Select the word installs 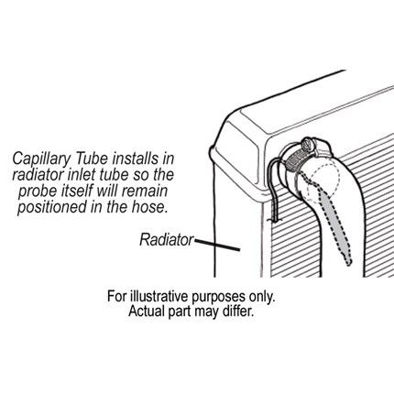click(x=136, y=159)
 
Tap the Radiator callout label click(x=167, y=240)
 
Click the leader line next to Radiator click(x=217, y=246)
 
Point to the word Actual click(x=148, y=311)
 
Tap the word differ click(x=239, y=311)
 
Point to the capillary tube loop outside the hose click(x=274, y=190)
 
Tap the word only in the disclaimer click(x=261, y=297)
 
